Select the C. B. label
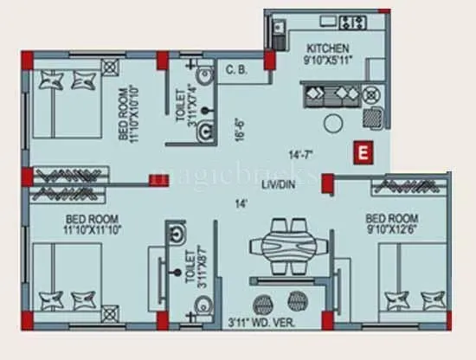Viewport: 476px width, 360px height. [236, 69]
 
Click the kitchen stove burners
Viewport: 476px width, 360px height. [353, 21]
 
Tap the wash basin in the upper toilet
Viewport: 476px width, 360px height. [206, 130]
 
